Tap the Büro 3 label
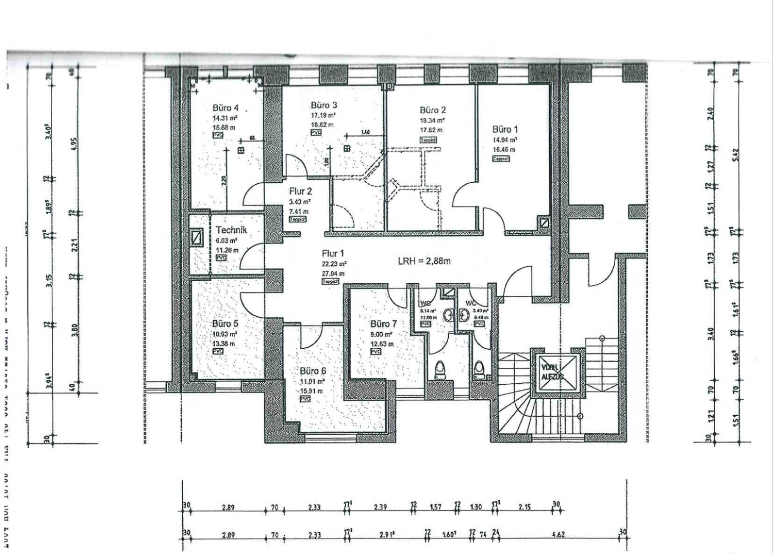(x=324, y=105)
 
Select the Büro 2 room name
(x=432, y=110)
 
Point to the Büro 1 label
(x=505, y=129)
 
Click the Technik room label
(x=231, y=230)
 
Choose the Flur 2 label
(x=300, y=191)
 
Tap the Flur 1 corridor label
(x=333, y=254)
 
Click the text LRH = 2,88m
(x=424, y=261)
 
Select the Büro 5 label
(x=225, y=323)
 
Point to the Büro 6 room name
(x=313, y=371)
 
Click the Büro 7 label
(x=383, y=324)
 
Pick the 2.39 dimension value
(x=380, y=507)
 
